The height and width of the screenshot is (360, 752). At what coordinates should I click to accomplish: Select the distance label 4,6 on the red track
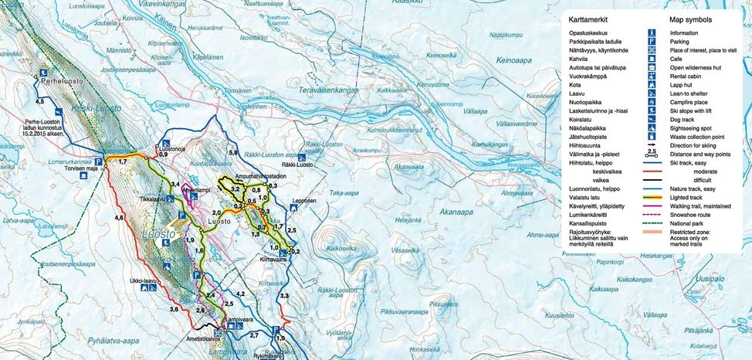[119, 219]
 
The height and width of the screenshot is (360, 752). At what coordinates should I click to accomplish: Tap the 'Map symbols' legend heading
[696, 19]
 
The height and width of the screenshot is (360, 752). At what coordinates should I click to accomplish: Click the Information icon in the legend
[652, 33]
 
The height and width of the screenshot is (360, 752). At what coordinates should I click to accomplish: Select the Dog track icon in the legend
[652, 120]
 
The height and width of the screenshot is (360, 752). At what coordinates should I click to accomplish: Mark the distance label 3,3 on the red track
[284, 296]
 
